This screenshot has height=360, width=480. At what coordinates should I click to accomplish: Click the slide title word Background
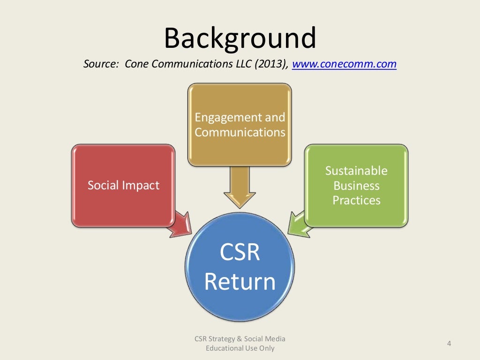point(240,38)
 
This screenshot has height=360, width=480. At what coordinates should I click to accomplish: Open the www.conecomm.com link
point(345,64)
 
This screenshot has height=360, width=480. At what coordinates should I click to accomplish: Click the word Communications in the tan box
point(240,132)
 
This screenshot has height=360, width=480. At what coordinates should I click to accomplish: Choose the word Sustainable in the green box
point(356,171)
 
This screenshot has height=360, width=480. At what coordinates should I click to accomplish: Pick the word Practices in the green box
point(356,200)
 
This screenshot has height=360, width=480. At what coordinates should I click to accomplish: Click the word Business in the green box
point(356,186)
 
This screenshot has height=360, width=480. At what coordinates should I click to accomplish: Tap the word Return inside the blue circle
point(240,282)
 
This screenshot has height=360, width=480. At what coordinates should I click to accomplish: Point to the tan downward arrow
point(240,187)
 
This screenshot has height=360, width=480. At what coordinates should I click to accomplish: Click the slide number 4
point(449,344)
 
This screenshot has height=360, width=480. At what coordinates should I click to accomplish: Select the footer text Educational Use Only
point(240,348)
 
